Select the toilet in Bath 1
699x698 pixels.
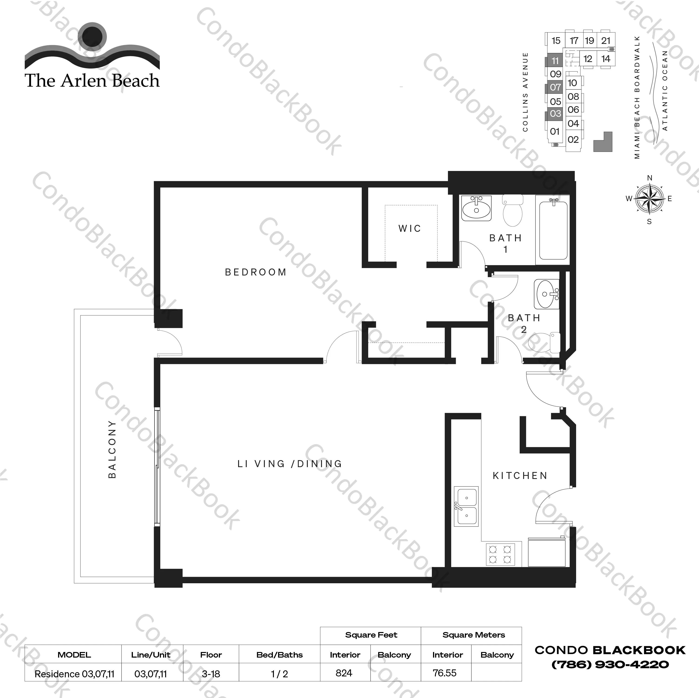point(513,211)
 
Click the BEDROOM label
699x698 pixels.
point(256,272)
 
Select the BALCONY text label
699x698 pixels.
point(112,449)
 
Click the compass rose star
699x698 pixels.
point(650,199)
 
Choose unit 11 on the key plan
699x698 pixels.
point(555,61)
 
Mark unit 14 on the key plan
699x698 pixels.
point(606,59)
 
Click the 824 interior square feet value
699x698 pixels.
point(344,673)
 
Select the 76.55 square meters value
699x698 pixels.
point(444,673)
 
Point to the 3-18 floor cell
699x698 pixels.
point(211,674)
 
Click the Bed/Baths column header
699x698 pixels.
point(279,655)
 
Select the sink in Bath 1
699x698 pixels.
point(476,208)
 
